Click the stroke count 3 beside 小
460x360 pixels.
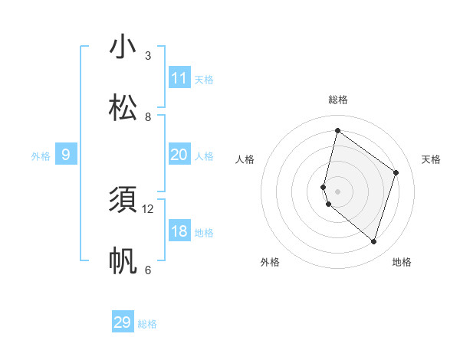click(x=148, y=56)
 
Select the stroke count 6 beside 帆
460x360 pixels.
click(x=148, y=270)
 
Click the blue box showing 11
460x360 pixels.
click(x=179, y=78)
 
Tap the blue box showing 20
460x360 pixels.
click(x=179, y=155)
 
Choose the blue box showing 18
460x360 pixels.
click(x=179, y=231)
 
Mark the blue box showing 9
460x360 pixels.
click(x=66, y=155)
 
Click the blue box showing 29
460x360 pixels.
click(x=123, y=322)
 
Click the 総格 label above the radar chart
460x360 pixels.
click(x=337, y=100)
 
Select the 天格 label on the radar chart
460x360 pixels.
click(x=431, y=159)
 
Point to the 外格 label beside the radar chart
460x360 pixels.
click(x=270, y=262)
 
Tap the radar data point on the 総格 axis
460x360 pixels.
click(x=337, y=131)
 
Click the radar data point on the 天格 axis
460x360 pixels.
click(x=396, y=172)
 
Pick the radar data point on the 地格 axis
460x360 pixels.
click(x=373, y=241)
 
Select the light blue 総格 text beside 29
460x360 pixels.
click(x=148, y=324)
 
